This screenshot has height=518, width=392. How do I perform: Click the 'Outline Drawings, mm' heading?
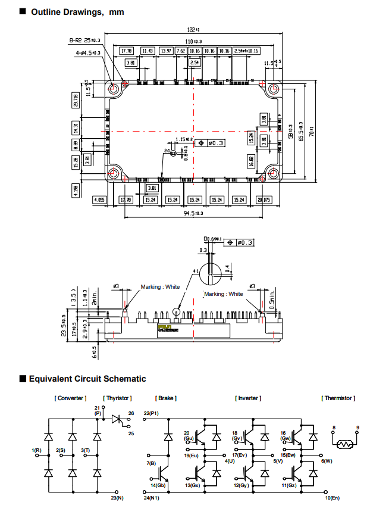(77, 12)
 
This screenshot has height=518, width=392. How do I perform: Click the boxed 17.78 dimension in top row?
(126, 51)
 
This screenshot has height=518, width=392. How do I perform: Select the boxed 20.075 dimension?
(264, 200)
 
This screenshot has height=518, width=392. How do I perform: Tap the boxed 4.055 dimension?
(99, 200)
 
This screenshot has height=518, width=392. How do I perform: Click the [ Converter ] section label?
(70, 398)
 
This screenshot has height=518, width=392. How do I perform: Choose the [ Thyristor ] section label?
(117, 398)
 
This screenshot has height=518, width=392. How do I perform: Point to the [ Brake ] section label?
(166, 398)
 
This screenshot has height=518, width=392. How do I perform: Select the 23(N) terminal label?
(117, 497)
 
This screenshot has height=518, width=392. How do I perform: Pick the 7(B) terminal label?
(151, 463)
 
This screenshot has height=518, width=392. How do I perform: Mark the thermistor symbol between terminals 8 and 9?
(346, 444)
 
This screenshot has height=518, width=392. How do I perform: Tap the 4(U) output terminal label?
(230, 461)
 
